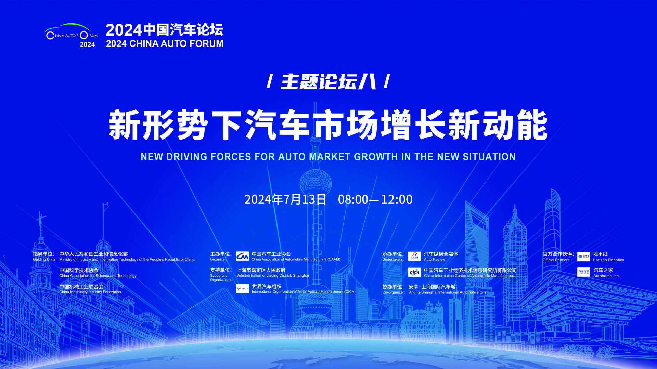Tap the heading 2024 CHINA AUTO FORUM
[165, 44]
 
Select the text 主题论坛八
[328, 82]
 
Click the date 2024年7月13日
[285, 199]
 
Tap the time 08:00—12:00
[375, 199]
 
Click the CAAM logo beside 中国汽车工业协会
[242, 256]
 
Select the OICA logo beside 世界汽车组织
[242, 289]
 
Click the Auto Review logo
[414, 256]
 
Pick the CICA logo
[414, 272]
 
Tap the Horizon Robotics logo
[584, 256]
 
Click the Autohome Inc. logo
[584, 272]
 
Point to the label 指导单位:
[44, 254]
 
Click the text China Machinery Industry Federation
[90, 292]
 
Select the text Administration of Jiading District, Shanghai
[273, 276]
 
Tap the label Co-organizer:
[394, 292]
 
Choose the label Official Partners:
[556, 260]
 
